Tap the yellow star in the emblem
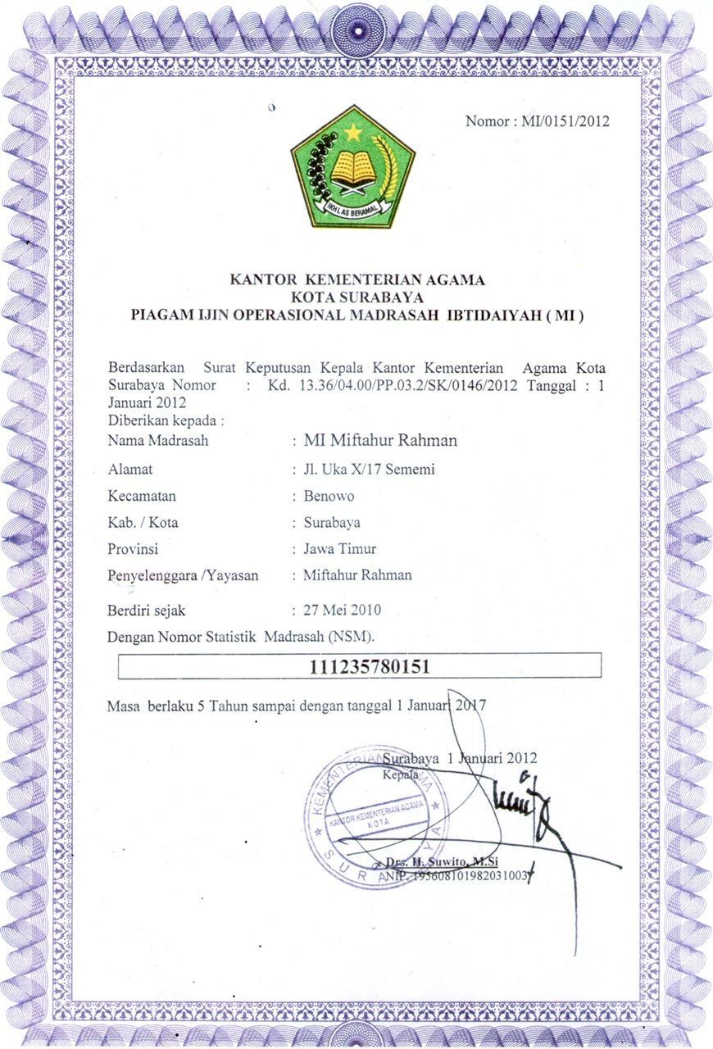[353, 131]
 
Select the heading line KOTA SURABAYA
[356, 297]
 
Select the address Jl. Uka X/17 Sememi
[369, 470]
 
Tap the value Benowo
[329, 496]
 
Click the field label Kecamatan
[142, 496]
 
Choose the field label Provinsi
[133, 548]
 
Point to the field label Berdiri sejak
[148, 610]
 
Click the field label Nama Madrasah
[157, 441]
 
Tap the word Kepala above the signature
[401, 773]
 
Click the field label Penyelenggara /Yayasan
[183, 575]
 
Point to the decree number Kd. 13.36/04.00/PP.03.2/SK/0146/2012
[392, 386]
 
